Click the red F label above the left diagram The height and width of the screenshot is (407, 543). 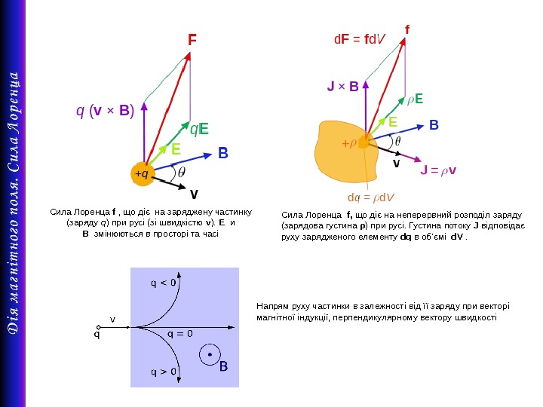(x=192, y=38)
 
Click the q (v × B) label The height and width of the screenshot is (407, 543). (x=105, y=112)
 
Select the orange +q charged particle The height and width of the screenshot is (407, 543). (x=141, y=174)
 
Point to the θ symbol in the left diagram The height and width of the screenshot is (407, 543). (x=182, y=173)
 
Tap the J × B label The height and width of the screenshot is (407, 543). (x=342, y=87)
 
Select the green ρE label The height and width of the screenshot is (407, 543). (x=415, y=99)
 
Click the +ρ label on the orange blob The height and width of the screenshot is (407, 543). (x=348, y=142)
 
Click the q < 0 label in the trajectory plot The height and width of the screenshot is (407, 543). (x=164, y=283)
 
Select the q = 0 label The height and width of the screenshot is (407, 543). (x=179, y=333)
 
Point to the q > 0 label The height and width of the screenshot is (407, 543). (x=164, y=372)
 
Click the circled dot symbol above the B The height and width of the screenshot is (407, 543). (x=209, y=353)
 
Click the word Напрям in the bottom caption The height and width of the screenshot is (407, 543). (x=272, y=306)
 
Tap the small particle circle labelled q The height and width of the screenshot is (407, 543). (x=97, y=327)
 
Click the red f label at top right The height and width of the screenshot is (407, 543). (x=407, y=29)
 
